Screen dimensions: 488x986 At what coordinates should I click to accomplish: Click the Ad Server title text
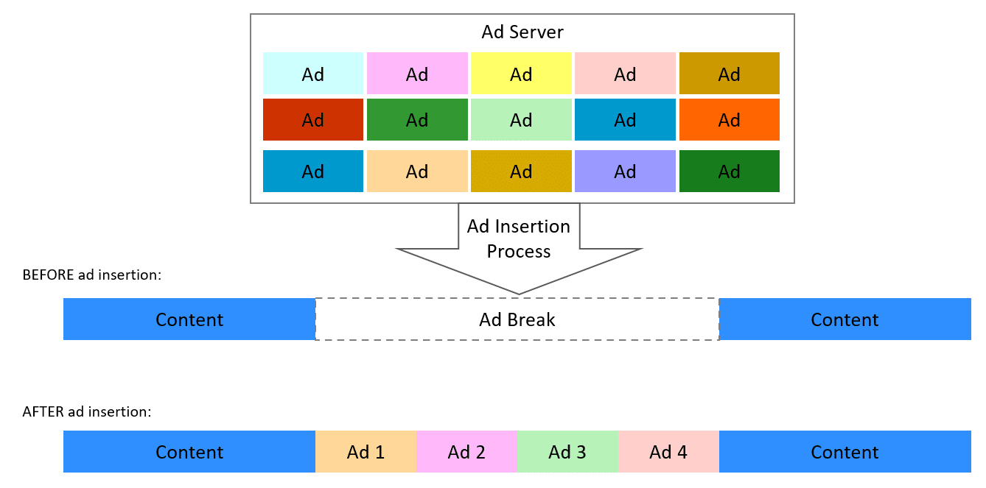[522, 32]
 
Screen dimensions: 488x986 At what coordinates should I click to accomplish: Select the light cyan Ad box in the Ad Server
[313, 74]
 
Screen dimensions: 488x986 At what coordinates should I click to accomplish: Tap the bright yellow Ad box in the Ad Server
[521, 74]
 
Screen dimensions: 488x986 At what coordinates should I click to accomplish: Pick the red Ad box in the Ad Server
[313, 119]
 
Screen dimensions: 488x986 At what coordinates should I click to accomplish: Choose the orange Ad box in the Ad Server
[729, 119]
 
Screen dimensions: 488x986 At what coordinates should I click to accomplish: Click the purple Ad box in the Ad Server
[625, 171]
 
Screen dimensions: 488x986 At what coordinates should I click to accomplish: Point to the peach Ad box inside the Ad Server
[417, 171]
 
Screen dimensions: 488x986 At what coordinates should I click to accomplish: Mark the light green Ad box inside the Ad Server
[521, 119]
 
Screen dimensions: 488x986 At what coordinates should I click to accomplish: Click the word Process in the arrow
[519, 252]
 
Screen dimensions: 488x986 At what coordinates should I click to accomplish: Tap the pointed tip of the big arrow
[519, 292]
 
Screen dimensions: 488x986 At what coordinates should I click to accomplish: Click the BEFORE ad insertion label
[92, 275]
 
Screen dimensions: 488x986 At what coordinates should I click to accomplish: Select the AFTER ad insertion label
[87, 411]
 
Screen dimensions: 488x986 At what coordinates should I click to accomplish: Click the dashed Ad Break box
[517, 319]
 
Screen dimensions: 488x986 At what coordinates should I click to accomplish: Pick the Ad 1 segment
[366, 451]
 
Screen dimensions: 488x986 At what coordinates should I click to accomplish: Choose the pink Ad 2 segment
[466, 451]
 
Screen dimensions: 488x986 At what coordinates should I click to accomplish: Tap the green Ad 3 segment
[567, 451]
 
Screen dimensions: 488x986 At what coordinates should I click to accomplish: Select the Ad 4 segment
[668, 451]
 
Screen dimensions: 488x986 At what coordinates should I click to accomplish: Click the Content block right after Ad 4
[845, 451]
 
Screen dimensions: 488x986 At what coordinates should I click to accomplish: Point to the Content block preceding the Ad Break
[189, 319]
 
